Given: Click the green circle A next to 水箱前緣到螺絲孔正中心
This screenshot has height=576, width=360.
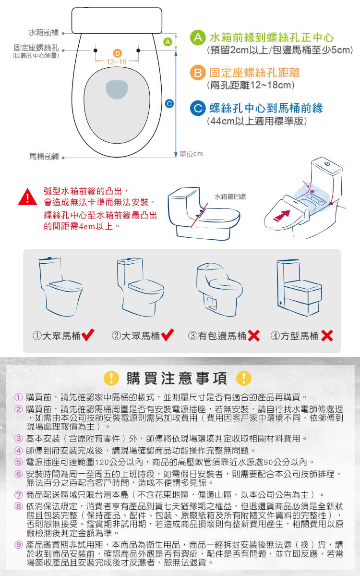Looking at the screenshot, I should click(x=198, y=37).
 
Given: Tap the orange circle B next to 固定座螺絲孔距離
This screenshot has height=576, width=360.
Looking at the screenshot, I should click(x=198, y=73).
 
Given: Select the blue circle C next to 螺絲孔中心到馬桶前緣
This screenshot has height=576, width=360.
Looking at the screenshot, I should click(x=198, y=109).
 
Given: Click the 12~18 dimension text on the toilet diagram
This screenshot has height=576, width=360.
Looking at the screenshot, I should click(x=117, y=62).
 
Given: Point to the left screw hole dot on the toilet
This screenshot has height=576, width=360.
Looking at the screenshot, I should click(x=96, y=50).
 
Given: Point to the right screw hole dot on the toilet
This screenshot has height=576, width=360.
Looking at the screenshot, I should click(x=138, y=50).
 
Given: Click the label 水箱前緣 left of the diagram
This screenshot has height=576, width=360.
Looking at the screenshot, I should click(x=43, y=33).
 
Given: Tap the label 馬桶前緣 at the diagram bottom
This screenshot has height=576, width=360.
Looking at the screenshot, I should click(x=44, y=157).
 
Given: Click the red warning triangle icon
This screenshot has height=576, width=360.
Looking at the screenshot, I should click(x=28, y=197).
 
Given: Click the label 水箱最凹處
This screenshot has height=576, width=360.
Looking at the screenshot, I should click(x=230, y=197).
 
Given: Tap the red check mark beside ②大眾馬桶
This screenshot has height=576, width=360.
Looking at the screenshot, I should click(x=168, y=335).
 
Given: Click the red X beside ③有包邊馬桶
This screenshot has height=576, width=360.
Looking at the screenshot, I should click(x=254, y=336).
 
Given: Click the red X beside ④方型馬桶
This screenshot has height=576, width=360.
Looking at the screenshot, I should click(x=327, y=336).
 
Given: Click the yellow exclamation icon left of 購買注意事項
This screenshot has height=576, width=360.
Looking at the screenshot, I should click(x=111, y=378).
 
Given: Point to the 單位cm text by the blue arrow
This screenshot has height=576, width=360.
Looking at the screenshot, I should click(x=192, y=154).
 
